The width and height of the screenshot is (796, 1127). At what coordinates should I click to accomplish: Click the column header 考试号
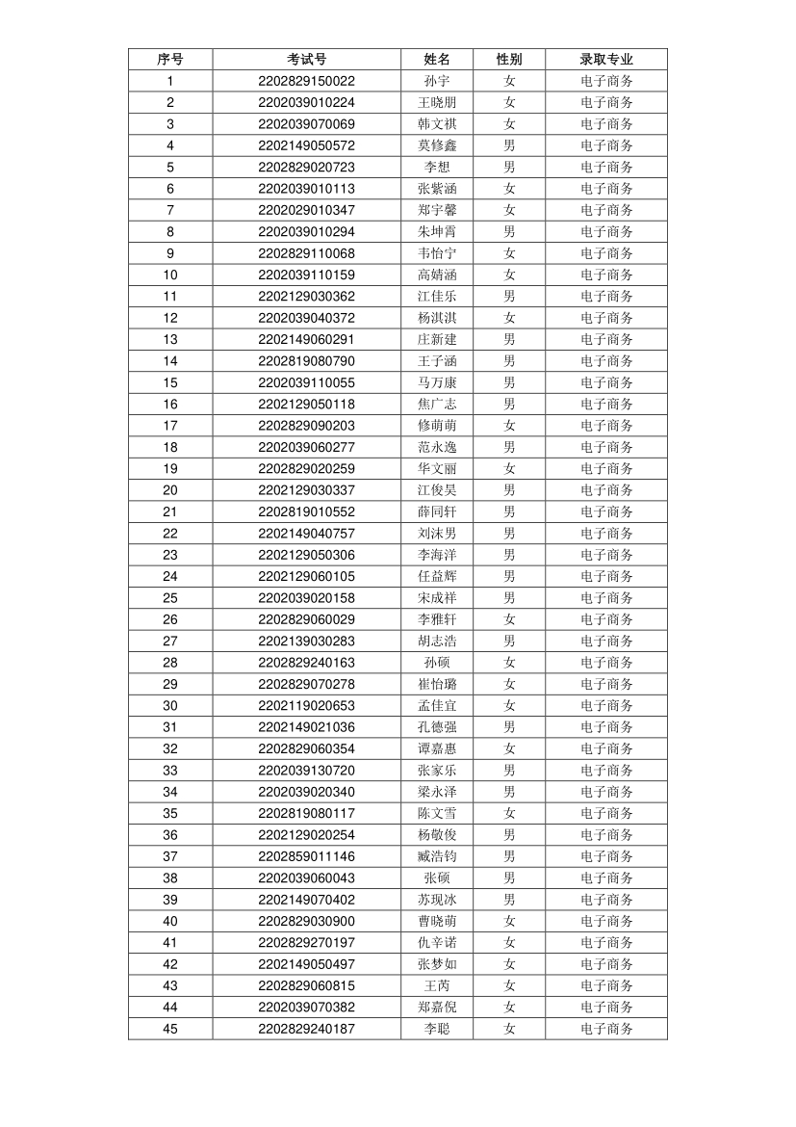[306, 60]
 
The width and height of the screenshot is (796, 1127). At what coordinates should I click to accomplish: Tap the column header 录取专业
[606, 60]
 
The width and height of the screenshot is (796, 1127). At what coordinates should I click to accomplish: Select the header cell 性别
[509, 60]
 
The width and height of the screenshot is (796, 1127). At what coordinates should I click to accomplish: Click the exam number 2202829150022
[306, 81]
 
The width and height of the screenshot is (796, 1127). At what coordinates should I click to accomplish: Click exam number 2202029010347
[306, 210]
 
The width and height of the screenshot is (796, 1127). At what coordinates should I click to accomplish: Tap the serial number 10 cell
[170, 275]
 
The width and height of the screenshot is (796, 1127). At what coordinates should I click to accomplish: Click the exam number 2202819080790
[306, 361]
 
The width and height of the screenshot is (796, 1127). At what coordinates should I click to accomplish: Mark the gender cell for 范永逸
[509, 447]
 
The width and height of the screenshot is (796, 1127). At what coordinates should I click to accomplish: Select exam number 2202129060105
[306, 576]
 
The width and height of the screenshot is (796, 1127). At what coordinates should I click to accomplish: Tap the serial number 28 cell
[170, 663]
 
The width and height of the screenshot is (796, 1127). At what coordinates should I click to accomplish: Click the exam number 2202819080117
[306, 813]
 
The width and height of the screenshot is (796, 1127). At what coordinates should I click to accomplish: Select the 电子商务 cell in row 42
[606, 964]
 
